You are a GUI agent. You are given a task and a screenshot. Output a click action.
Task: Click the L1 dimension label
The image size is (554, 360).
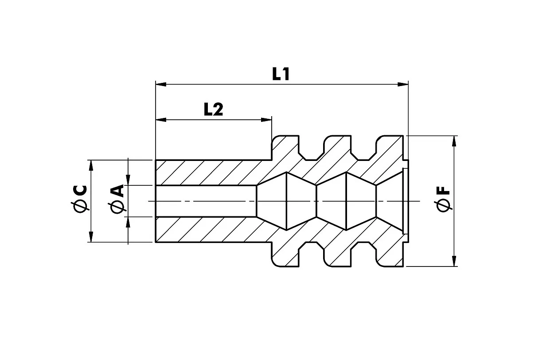pos(281,74)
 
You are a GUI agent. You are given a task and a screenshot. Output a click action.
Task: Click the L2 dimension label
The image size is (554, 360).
pos(213,110)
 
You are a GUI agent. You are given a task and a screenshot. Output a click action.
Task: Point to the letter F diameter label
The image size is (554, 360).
pos(443,192)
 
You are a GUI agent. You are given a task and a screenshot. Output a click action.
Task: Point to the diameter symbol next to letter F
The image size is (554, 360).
pos(443,206)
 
